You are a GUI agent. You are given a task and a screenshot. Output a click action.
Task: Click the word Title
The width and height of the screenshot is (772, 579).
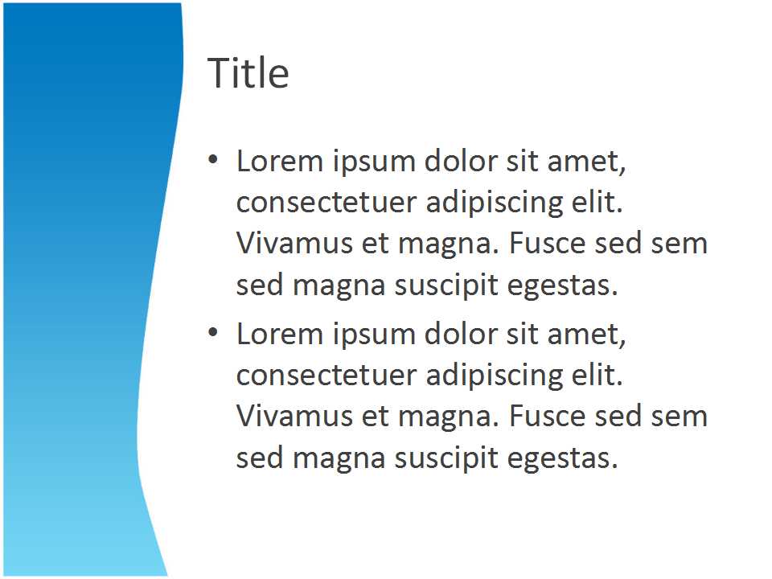coord(248,72)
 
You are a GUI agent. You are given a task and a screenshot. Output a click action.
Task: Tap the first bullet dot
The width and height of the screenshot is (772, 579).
coord(212,159)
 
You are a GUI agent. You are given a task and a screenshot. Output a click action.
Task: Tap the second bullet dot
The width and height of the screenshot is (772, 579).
coord(212,332)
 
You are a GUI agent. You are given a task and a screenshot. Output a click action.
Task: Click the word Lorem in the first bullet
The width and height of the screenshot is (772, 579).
coord(279,161)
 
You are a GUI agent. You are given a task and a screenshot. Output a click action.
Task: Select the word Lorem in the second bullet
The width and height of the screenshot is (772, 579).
coord(279,335)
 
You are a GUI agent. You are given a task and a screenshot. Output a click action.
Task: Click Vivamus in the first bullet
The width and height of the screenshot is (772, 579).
coord(295,243)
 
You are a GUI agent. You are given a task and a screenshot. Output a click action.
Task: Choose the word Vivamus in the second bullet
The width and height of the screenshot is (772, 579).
coord(295,417)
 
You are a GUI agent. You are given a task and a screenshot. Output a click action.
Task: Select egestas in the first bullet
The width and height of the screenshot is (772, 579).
coord(562,286)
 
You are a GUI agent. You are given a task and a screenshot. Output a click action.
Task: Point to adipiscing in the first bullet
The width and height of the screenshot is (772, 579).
coord(495,203)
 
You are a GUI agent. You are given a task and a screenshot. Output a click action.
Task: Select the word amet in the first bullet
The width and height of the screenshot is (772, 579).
coord(586,162)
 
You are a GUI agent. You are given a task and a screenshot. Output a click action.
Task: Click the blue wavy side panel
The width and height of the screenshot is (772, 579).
coord(84,289)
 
